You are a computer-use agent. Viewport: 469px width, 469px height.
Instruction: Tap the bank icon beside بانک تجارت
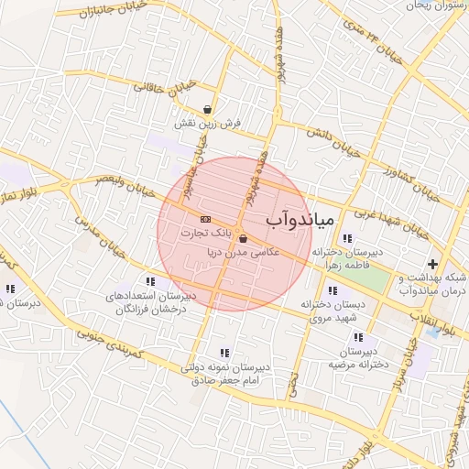tap(204, 219)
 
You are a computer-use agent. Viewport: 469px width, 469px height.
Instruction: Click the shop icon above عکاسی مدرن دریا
tap(241, 238)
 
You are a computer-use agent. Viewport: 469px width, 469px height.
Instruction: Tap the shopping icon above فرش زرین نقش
tap(209, 109)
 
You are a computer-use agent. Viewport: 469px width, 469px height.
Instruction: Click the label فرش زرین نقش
tap(209, 123)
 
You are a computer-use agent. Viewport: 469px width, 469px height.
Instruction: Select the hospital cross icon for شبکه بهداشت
tap(432, 265)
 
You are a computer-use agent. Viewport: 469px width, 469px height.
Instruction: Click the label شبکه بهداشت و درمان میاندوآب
tap(435, 283)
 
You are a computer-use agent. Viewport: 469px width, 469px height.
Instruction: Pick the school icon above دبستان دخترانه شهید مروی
tap(331, 290)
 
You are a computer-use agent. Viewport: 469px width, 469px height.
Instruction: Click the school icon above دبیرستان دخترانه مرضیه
tap(371, 338)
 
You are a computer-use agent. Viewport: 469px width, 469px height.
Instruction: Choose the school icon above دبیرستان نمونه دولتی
tap(224, 353)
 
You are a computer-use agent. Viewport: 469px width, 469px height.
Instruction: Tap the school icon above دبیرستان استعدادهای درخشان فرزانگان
tap(150, 282)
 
